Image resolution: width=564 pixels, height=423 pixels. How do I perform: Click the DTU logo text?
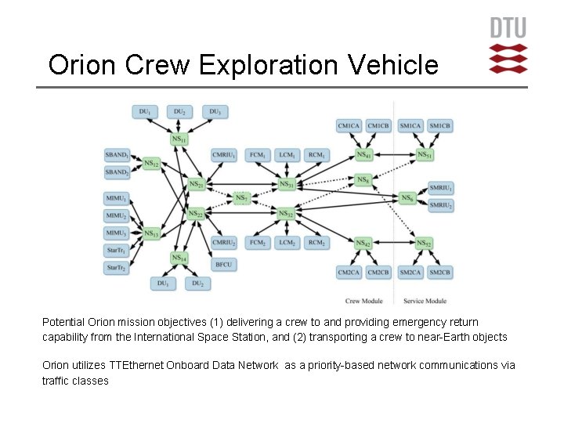(508, 28)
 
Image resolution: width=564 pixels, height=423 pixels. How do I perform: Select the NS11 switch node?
(179, 139)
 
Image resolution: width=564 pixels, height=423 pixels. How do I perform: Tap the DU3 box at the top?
(214, 112)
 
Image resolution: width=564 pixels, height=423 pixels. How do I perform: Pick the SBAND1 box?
(117, 156)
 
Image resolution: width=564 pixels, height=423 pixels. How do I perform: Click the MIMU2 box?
(117, 216)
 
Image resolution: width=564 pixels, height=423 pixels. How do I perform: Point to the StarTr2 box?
(117, 268)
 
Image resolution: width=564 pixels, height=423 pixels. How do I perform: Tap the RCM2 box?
(316, 244)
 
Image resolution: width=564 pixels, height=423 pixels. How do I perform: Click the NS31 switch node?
(286, 185)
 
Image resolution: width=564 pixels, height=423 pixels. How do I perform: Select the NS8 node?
(363, 180)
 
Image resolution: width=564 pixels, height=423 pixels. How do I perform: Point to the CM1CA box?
(349, 126)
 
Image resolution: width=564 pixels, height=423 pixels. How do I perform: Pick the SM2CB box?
(439, 272)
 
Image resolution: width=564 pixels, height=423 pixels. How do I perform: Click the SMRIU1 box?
(441, 188)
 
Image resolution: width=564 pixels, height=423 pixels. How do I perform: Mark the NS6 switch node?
(407, 198)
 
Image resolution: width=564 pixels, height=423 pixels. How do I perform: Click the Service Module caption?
(425, 301)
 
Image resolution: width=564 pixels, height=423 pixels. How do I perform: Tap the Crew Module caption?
(364, 301)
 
